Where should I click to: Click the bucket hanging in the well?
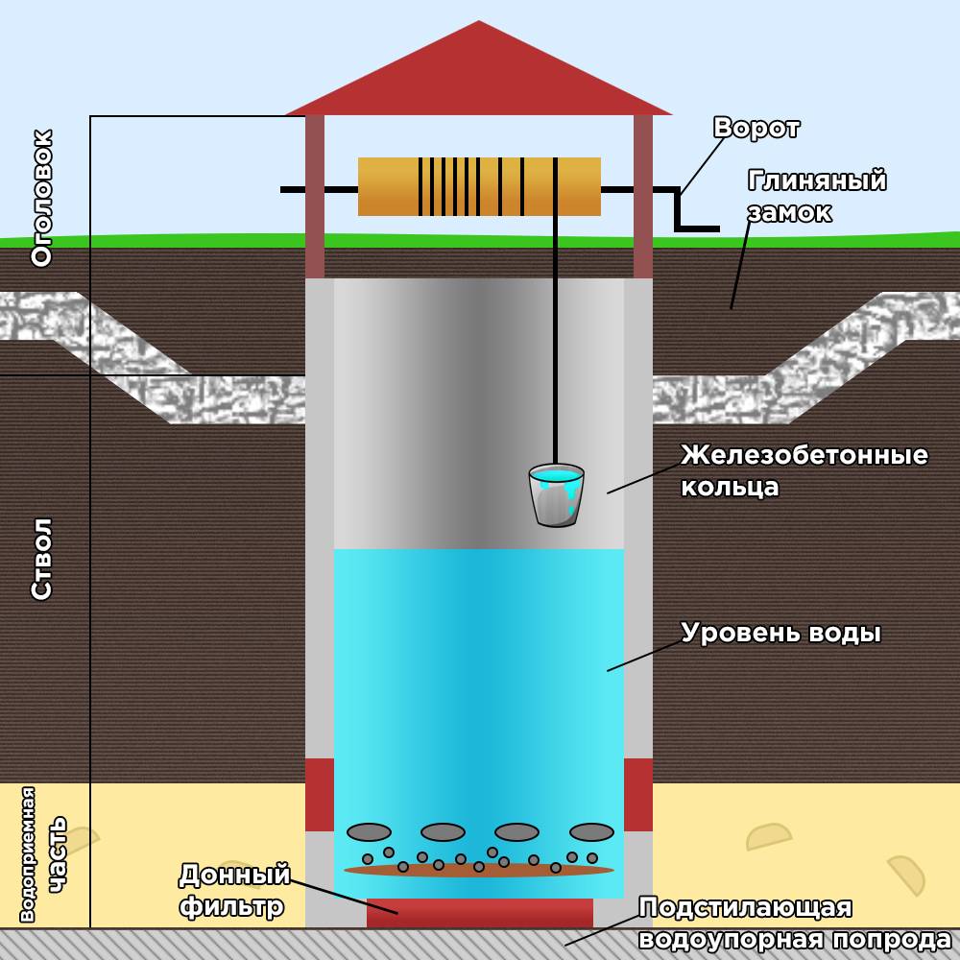(556, 495)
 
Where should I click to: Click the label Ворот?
(756, 128)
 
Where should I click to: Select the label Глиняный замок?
(817, 196)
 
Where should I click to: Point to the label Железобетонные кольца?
(804, 470)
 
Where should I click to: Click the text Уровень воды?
(780, 633)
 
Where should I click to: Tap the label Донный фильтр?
(234, 890)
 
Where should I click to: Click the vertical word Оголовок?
(42, 198)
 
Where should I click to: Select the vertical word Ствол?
(42, 559)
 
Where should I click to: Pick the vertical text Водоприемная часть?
(42, 854)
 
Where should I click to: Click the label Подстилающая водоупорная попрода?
(795, 924)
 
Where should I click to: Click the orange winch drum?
(479, 187)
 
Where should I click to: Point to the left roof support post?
(315, 197)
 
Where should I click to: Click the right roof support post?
(643, 197)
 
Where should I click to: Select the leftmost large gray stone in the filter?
(370, 832)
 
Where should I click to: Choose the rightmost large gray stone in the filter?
(591, 832)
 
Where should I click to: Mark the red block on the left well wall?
(320, 795)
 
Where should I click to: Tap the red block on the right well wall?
(638, 795)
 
